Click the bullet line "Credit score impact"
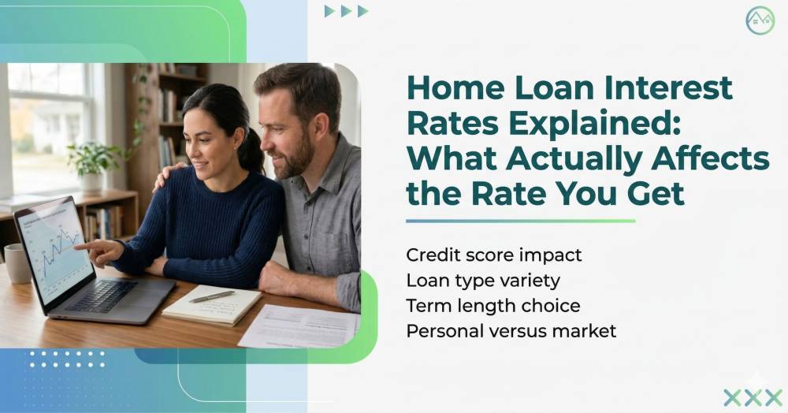(493, 255)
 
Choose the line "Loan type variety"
(483, 281)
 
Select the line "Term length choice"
(493, 306)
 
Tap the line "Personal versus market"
(511, 331)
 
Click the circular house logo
(760, 20)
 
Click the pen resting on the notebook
(211, 296)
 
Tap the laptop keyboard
(102, 296)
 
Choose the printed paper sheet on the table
(299, 326)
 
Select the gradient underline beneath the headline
(521, 221)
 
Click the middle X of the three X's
(753, 397)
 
